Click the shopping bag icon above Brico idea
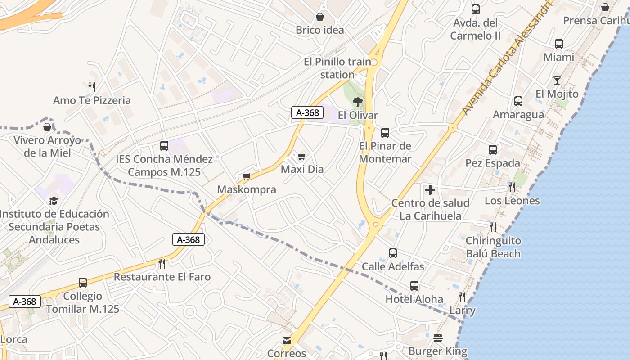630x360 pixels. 320,17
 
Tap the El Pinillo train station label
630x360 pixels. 337,68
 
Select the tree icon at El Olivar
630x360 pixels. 358,102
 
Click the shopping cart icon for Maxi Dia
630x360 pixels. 301,157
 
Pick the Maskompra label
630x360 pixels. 247,189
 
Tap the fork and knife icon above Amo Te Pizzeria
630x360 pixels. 92,86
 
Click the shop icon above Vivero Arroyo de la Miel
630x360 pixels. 47,127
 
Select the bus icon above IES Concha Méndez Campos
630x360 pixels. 164,146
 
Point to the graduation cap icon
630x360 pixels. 54,201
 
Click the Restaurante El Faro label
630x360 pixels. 162,277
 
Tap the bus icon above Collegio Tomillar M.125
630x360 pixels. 83,283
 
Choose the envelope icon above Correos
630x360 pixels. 287,341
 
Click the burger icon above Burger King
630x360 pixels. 438,338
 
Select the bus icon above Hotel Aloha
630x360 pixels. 414,286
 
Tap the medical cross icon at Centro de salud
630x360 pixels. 430,190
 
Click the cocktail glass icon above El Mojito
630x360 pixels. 557,81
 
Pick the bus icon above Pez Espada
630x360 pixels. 493,150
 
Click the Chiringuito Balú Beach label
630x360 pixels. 493,247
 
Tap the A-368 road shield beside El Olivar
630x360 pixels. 308,112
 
